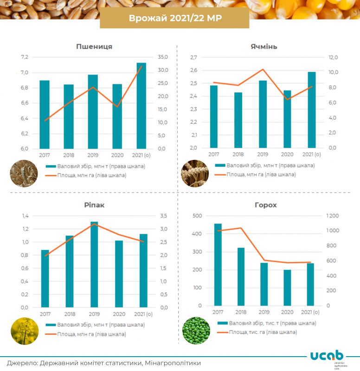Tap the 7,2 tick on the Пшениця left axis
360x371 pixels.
coord(24,58)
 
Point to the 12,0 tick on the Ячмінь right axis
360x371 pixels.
coord(333,58)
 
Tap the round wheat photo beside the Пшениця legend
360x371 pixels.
coord(24,173)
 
